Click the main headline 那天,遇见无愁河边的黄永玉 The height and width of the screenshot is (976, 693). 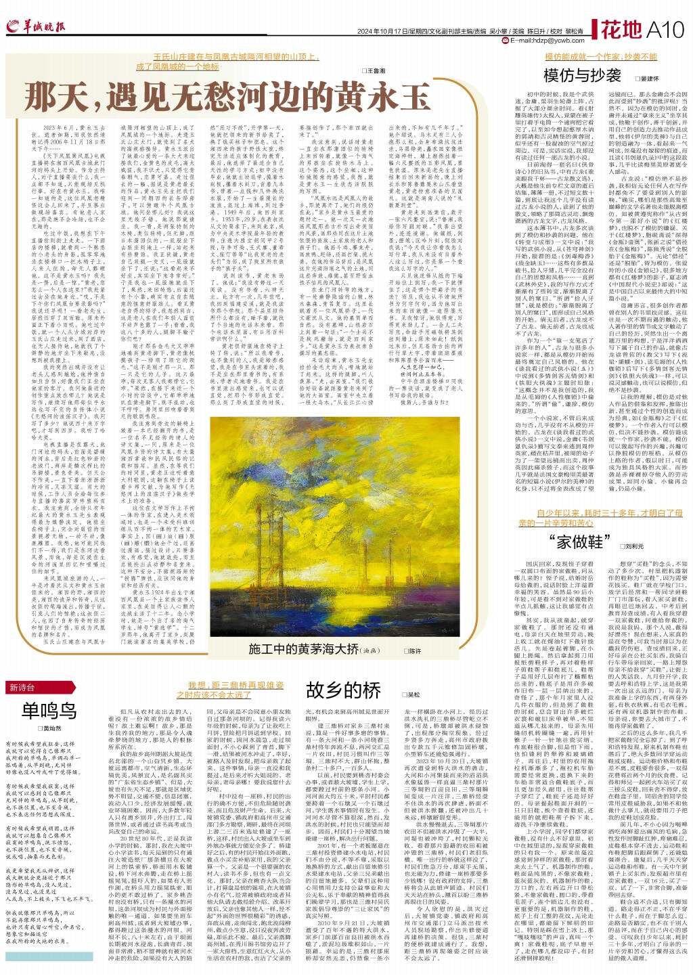227,95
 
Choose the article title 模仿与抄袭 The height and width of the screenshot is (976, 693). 583,75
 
